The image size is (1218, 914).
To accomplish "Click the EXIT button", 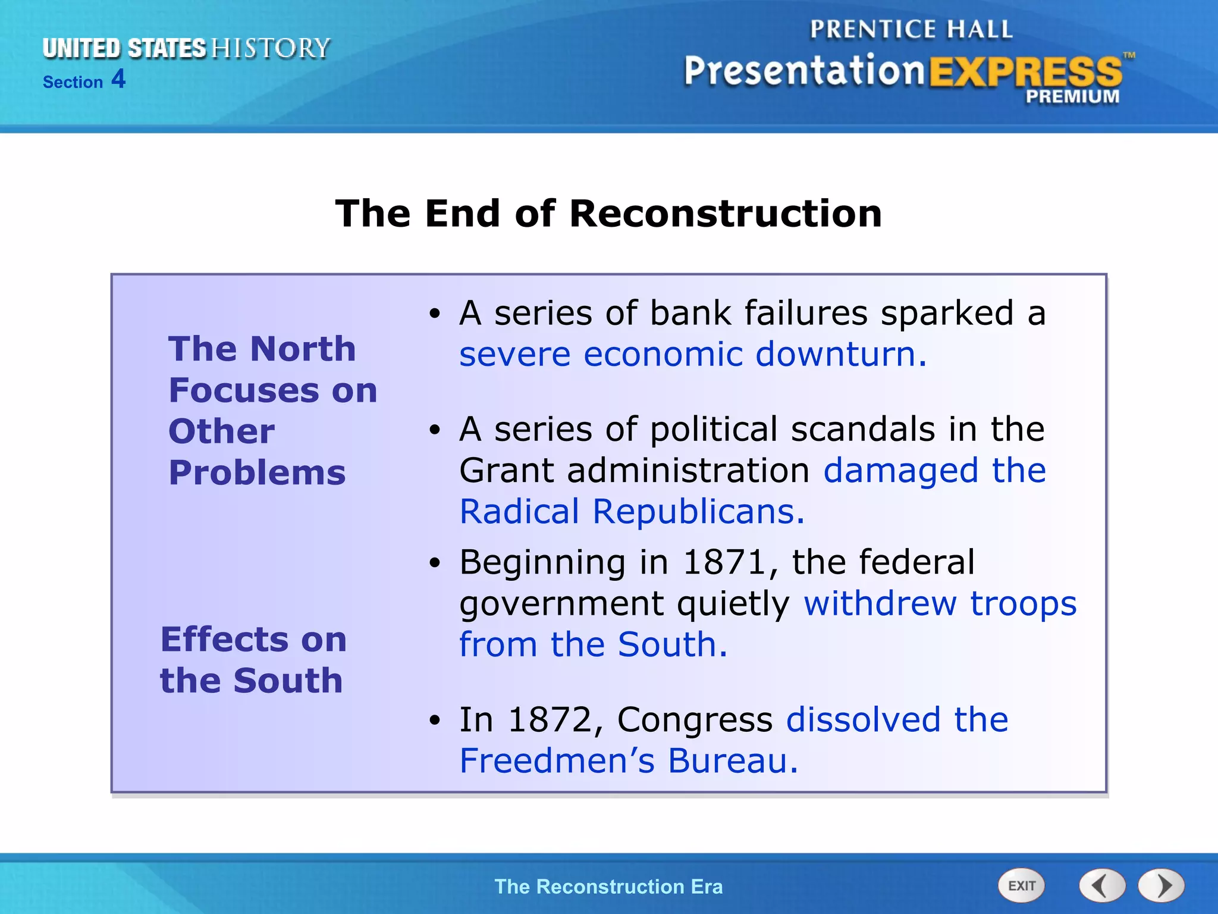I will (x=1021, y=885).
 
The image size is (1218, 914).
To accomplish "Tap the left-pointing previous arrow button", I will (x=1102, y=885).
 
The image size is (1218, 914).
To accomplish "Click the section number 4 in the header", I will (x=118, y=79).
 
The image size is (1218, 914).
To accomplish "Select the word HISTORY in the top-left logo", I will (x=271, y=48).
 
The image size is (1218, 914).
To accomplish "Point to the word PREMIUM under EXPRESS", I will (x=1072, y=96).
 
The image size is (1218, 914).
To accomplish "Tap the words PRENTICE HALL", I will (x=911, y=29).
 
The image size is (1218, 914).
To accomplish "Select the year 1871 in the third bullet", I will (x=724, y=562).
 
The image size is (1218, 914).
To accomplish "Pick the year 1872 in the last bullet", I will (x=550, y=719).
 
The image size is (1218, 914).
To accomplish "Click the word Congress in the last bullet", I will (x=695, y=719).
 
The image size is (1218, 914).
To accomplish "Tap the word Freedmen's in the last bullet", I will (x=557, y=760).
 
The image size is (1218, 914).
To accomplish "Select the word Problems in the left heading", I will (x=257, y=473).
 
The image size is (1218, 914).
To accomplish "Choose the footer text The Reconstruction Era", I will (x=608, y=887).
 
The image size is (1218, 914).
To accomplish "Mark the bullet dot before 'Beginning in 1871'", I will (x=436, y=563).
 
